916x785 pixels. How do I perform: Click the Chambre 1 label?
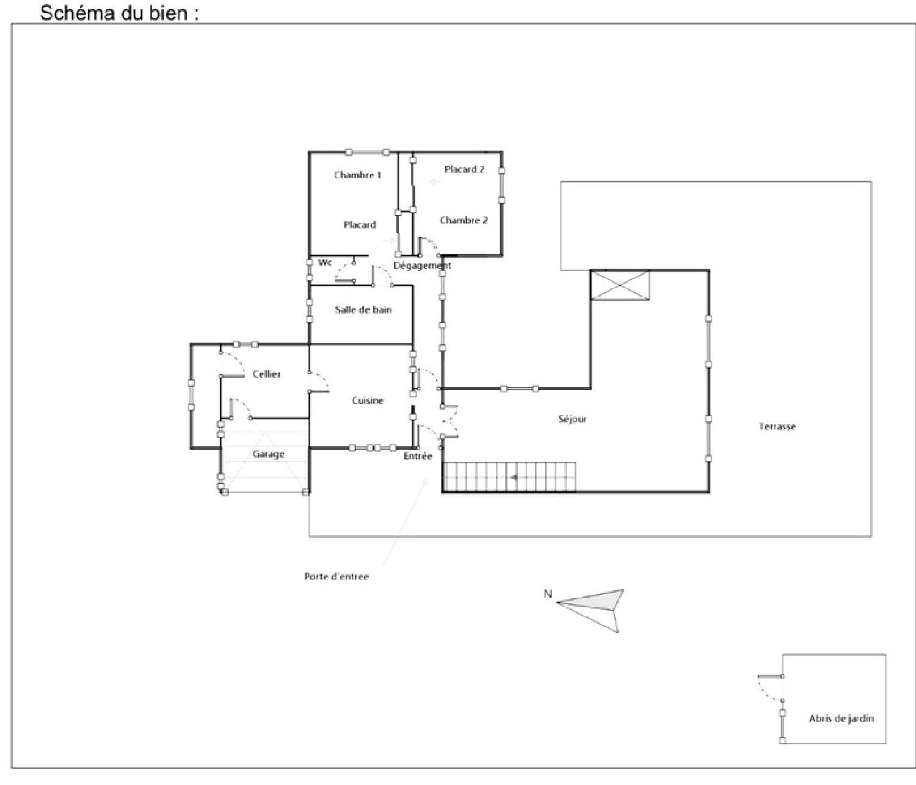click(x=357, y=175)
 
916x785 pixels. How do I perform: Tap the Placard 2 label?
click(x=464, y=170)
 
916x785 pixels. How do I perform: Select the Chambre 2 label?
click(x=463, y=220)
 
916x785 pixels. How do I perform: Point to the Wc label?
click(x=325, y=262)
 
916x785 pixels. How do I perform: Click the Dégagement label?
click(x=422, y=266)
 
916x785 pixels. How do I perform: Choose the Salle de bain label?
click(x=363, y=310)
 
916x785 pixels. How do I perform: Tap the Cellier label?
click(x=266, y=374)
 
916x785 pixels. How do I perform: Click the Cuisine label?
click(x=367, y=401)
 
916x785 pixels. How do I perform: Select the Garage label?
click(x=268, y=454)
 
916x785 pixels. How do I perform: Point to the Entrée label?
click(x=418, y=457)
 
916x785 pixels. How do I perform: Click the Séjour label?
click(x=572, y=419)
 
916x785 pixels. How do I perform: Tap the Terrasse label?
click(x=777, y=427)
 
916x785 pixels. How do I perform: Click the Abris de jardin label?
click(x=841, y=719)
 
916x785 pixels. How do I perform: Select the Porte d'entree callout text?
click(x=336, y=576)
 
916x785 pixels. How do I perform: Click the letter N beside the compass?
click(x=548, y=594)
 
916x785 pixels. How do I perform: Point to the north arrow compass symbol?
click(x=595, y=606)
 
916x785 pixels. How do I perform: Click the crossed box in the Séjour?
click(x=620, y=285)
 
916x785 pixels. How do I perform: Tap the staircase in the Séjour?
click(x=509, y=477)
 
